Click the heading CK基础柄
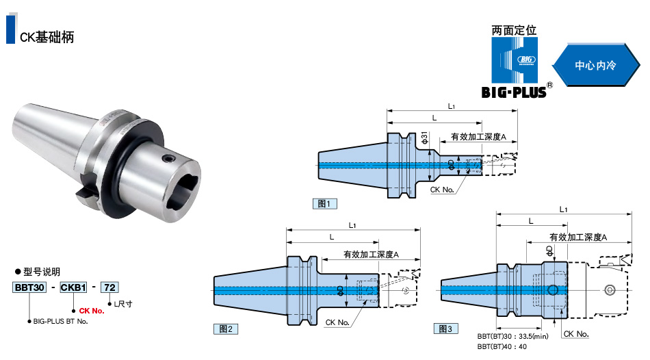(x=47, y=37)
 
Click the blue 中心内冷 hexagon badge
(x=596, y=65)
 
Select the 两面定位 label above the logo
(x=514, y=30)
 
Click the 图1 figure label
(x=324, y=204)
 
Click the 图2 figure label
(x=226, y=329)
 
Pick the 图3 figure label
(x=445, y=329)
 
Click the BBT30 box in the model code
(x=29, y=287)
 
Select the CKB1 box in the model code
(x=73, y=287)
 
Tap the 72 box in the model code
(x=110, y=287)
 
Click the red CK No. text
(x=92, y=311)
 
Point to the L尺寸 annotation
(x=123, y=304)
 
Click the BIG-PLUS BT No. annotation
(x=60, y=321)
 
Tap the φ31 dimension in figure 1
(x=424, y=138)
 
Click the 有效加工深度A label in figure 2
(x=371, y=254)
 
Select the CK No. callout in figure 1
(x=442, y=190)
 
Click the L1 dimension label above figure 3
(x=563, y=209)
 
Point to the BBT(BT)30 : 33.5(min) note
(x=512, y=336)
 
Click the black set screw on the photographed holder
(x=168, y=159)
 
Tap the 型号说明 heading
(x=42, y=272)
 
